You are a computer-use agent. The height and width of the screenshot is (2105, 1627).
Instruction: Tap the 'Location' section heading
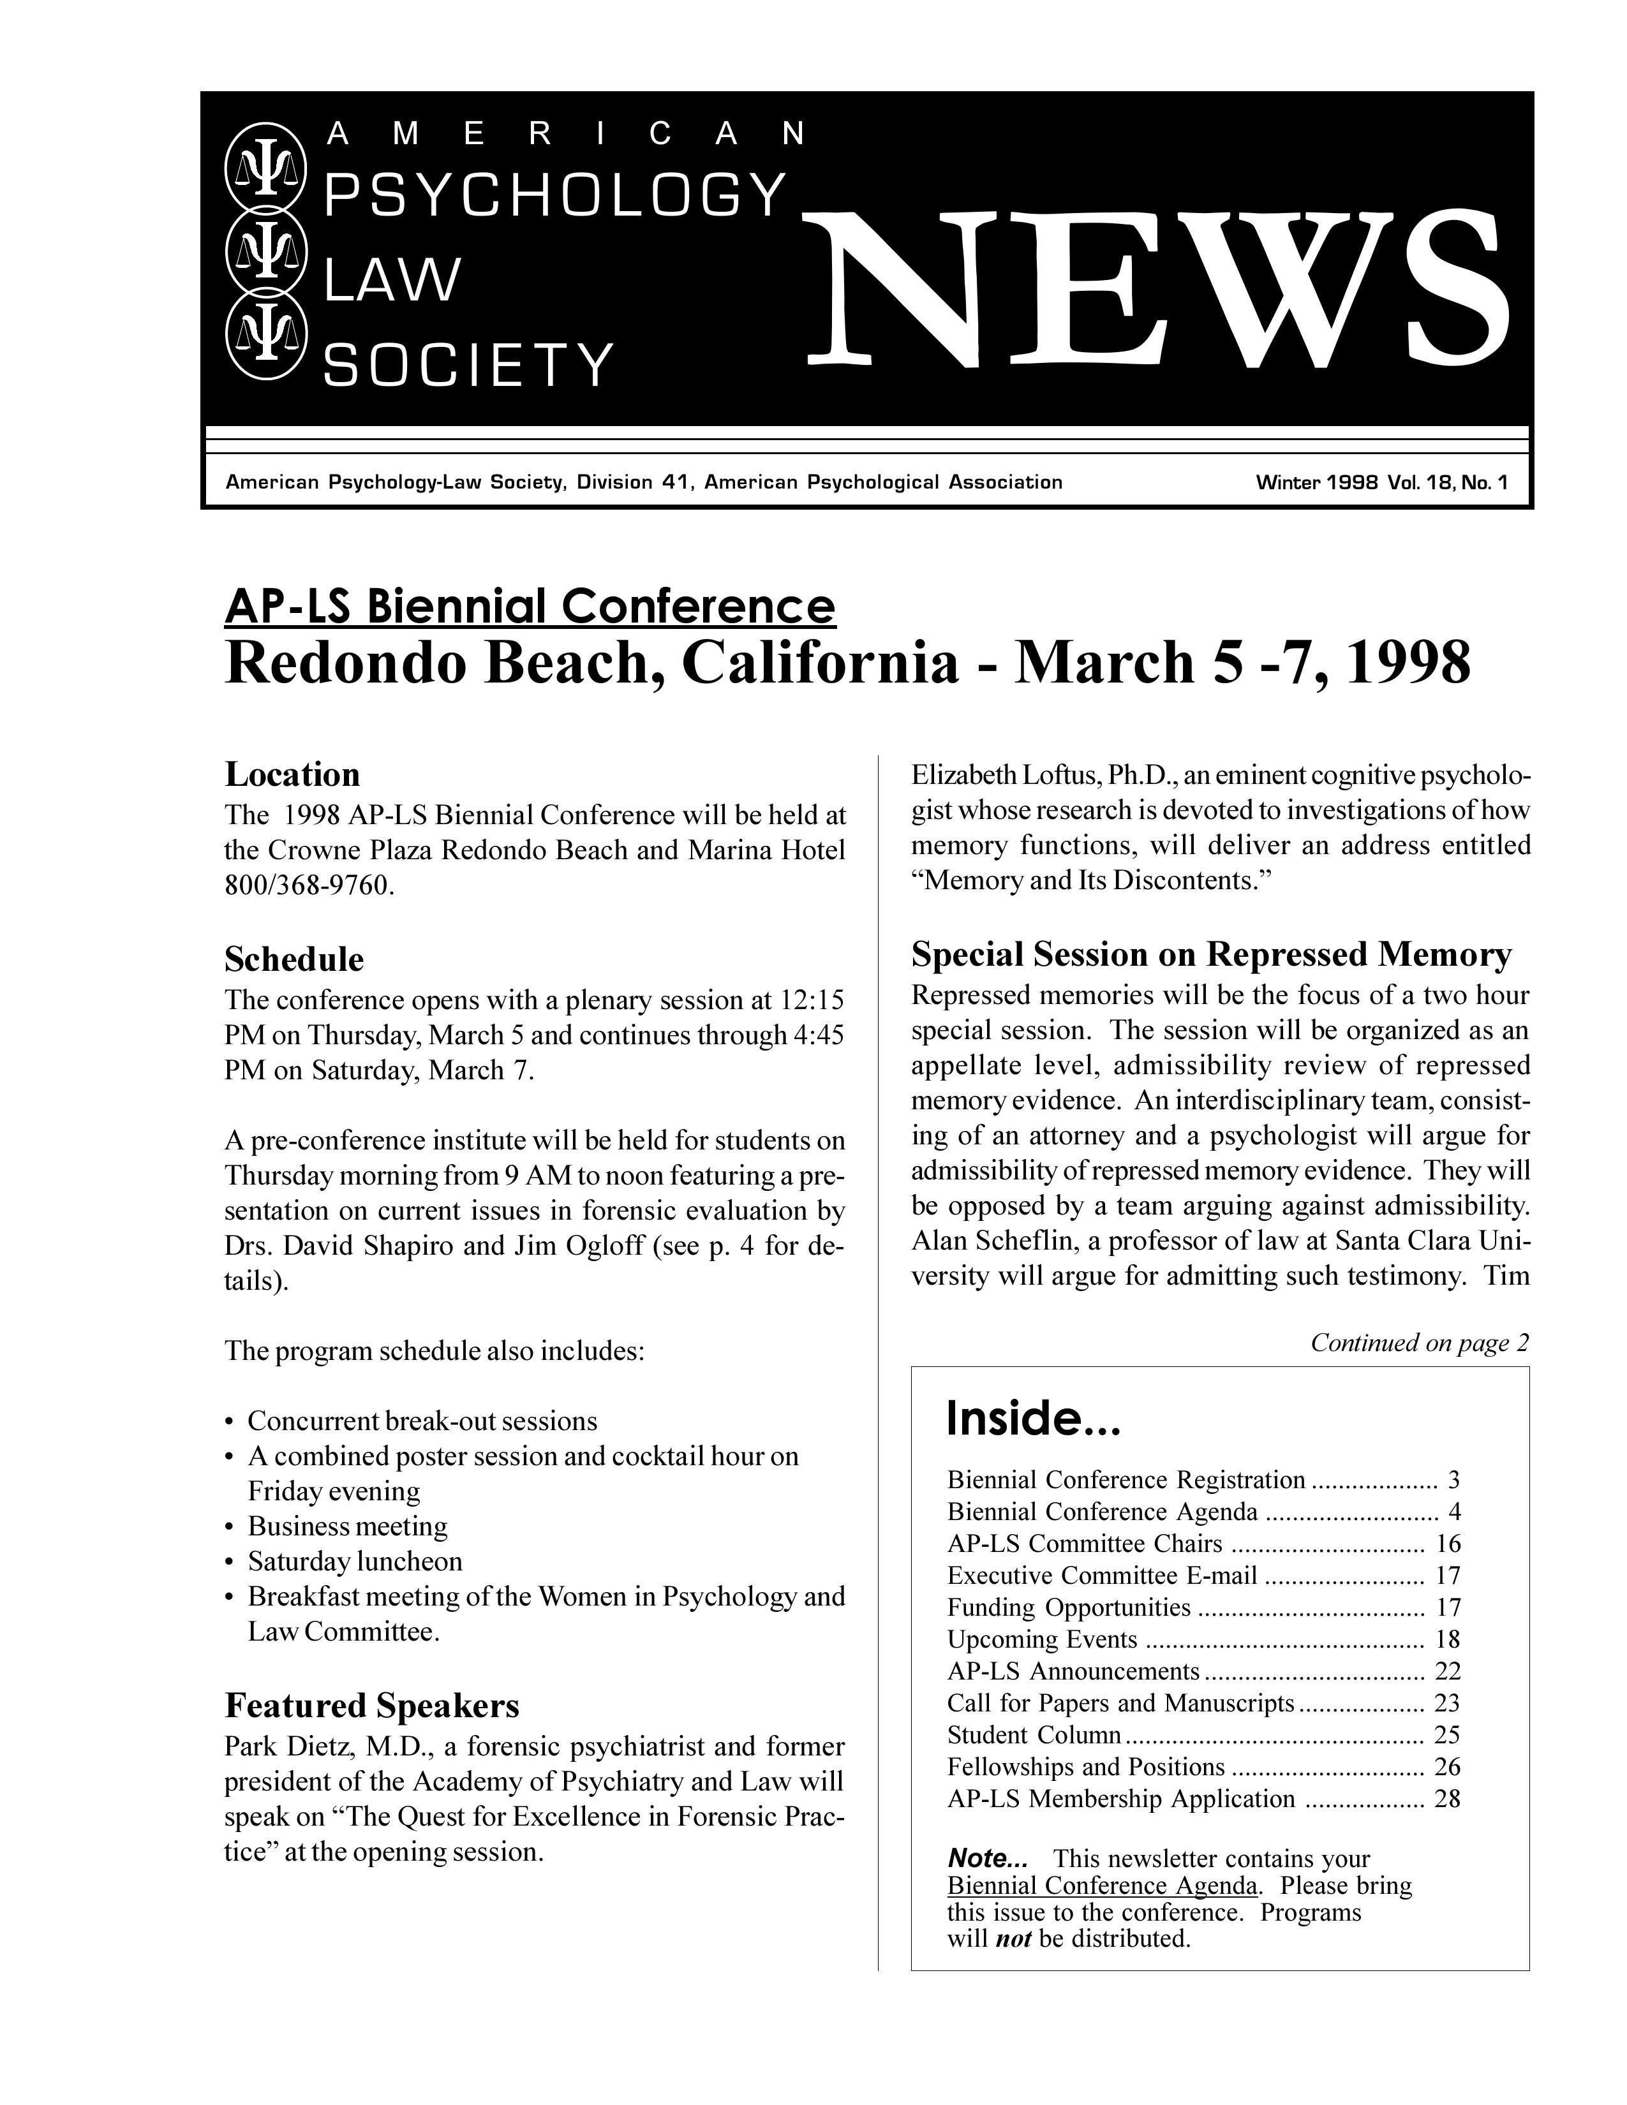point(292,774)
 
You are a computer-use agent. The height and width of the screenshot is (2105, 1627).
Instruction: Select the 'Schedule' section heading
point(294,959)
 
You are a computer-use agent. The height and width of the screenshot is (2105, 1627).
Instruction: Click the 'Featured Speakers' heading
point(371,1706)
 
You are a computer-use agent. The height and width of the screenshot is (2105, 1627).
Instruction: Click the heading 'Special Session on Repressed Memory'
point(1210,954)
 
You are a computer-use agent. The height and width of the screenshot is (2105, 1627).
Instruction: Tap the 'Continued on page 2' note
point(1420,1343)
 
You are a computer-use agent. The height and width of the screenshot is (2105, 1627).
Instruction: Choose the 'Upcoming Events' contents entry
point(1042,1639)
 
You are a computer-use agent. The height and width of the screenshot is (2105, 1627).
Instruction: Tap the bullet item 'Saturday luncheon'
point(355,1560)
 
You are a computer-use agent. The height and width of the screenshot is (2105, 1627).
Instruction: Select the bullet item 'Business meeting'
point(347,1526)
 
